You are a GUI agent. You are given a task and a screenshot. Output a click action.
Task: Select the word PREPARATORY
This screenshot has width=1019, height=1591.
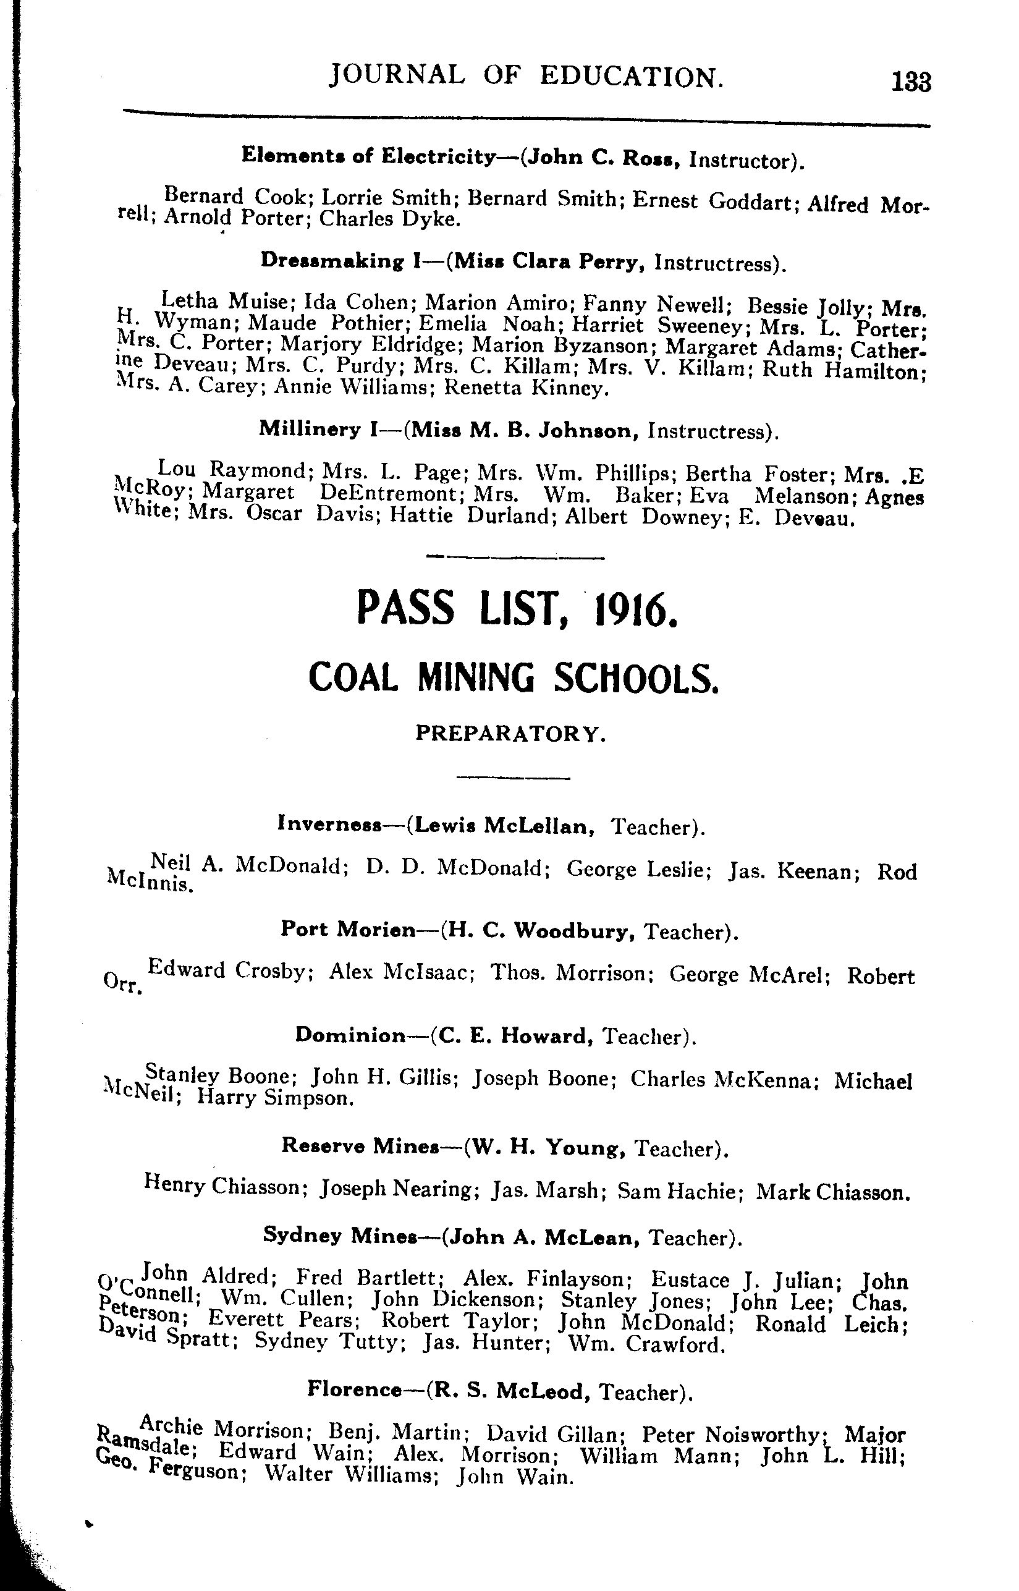(x=510, y=733)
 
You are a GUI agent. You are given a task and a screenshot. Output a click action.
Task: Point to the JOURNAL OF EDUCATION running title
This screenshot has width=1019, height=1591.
(x=526, y=77)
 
